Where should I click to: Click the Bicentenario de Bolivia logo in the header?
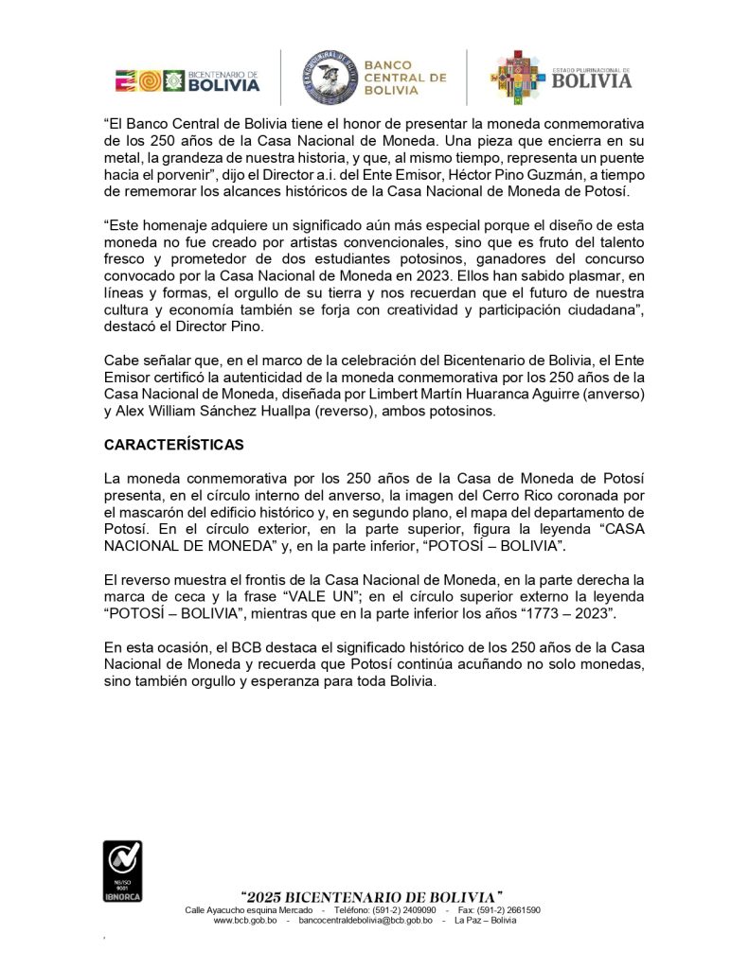pyautogui.click(x=187, y=81)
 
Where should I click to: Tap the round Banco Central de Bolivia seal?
pyautogui.click(x=330, y=78)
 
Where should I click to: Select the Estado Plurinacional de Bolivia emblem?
pyautogui.click(x=561, y=78)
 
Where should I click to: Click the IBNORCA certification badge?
pyautogui.click(x=122, y=871)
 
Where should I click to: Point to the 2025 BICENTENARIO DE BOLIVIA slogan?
pyautogui.click(x=371, y=895)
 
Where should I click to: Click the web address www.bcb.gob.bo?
pyautogui.click(x=245, y=920)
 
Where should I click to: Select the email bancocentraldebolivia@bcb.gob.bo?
pyautogui.click(x=366, y=920)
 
